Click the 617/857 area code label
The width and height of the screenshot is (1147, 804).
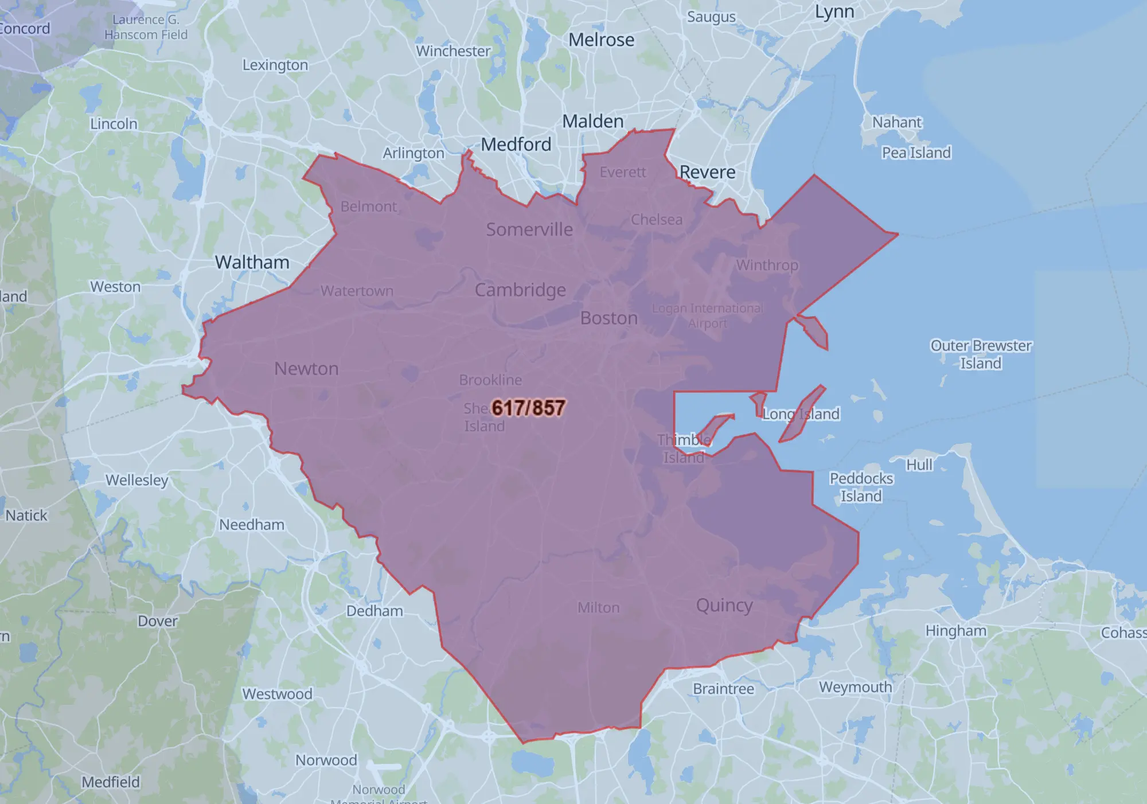click(528, 408)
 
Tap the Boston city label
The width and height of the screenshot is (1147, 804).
click(608, 318)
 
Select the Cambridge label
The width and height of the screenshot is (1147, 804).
click(520, 290)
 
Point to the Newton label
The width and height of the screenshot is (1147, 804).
click(306, 369)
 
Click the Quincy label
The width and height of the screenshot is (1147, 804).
click(724, 606)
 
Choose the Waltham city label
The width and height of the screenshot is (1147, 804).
click(252, 263)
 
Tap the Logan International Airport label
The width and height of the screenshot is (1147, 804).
click(707, 315)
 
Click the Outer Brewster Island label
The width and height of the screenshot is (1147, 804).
click(981, 354)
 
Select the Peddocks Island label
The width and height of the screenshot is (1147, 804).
click(861, 487)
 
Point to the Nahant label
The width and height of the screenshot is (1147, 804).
click(897, 122)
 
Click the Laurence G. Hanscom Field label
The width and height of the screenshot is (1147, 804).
click(146, 27)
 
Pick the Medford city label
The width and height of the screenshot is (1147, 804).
click(516, 145)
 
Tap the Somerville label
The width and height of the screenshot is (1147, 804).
click(529, 229)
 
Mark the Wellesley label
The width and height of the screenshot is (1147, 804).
click(136, 480)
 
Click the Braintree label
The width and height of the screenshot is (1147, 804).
click(723, 689)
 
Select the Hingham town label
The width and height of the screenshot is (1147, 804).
click(955, 631)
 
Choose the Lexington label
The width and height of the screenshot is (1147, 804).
click(275, 65)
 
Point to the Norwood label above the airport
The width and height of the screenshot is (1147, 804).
click(326, 760)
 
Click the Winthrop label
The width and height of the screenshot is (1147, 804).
click(767, 265)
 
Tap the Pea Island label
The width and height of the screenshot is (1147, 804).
click(916, 153)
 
